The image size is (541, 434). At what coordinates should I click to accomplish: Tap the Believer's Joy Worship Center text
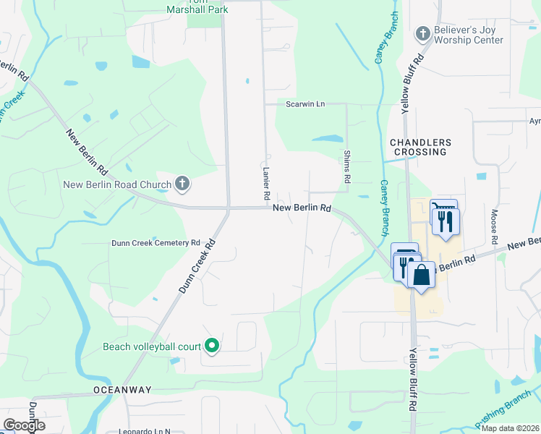[468, 35]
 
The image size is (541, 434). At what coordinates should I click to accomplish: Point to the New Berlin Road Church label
[117, 184]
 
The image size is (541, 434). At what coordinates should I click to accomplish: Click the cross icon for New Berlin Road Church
[182, 184]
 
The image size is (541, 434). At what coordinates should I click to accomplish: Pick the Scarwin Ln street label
[305, 104]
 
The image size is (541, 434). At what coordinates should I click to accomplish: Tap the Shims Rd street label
[347, 166]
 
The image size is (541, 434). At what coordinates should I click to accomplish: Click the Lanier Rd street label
[266, 184]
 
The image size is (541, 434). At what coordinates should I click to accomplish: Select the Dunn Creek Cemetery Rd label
[156, 243]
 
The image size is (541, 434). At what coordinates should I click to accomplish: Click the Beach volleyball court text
[151, 346]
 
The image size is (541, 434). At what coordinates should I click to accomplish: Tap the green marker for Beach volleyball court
[212, 346]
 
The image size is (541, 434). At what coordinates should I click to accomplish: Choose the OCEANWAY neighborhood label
[122, 390]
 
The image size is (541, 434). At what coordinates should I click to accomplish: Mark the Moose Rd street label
[495, 225]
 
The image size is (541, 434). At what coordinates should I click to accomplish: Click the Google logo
[24, 425]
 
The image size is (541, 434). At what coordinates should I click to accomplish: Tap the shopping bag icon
[421, 276]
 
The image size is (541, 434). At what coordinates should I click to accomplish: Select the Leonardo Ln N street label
[143, 430]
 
